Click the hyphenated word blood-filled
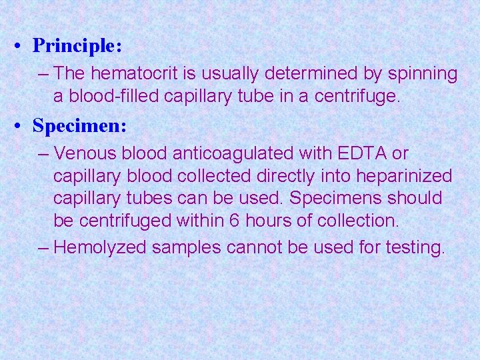(x=121, y=97)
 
